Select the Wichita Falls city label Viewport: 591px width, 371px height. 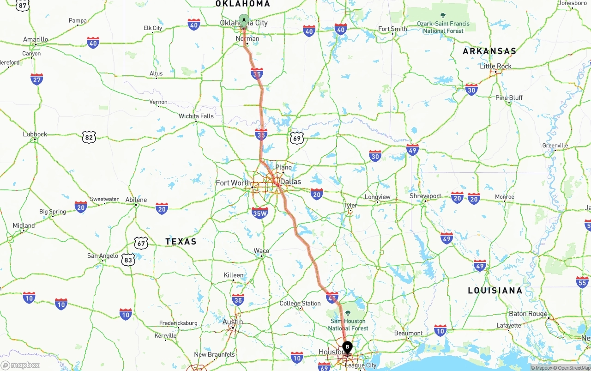pyautogui.click(x=196, y=116)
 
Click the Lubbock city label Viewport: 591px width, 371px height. pyautogui.click(x=35, y=134)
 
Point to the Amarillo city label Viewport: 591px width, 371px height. pyautogui.click(x=36, y=40)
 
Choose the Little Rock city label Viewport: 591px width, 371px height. pyautogui.click(x=496, y=66)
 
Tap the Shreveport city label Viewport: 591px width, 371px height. pyautogui.click(x=425, y=196)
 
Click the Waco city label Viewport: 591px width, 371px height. pyautogui.click(x=261, y=251)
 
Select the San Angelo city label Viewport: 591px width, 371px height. pyautogui.click(x=103, y=255)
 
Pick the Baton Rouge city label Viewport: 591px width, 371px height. pyautogui.click(x=528, y=314)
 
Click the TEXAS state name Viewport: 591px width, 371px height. pyautogui.click(x=181, y=242)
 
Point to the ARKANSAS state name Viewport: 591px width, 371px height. pyautogui.click(x=489, y=51)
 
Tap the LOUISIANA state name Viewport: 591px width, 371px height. pyautogui.click(x=495, y=291)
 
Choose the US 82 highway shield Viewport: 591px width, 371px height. pyautogui.click(x=89, y=137)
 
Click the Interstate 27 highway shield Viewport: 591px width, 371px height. pyautogui.click(x=37, y=79)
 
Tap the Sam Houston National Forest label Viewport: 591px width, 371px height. pyautogui.click(x=348, y=324)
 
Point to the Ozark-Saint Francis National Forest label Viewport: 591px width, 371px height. pyautogui.click(x=443, y=27)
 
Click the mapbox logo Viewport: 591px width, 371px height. pyautogui.click(x=20, y=365)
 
